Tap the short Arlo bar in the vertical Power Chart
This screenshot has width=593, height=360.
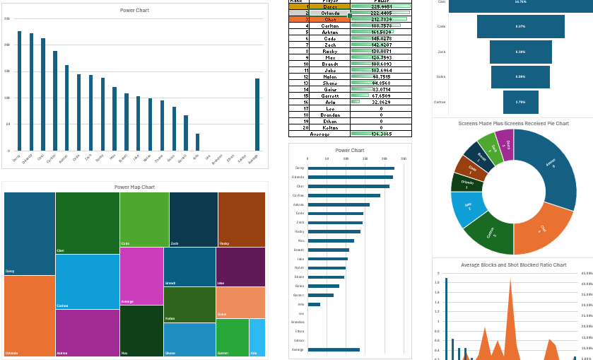click(197, 142)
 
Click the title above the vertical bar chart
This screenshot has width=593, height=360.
click(134, 11)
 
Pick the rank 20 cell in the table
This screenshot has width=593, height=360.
click(307, 127)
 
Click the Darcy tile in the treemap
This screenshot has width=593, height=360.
click(29, 233)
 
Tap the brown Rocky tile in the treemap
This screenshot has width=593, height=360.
click(241, 219)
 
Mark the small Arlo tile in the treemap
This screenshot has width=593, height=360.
click(257, 337)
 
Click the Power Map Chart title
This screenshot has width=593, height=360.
click(134, 187)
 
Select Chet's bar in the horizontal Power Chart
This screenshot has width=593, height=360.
click(349, 186)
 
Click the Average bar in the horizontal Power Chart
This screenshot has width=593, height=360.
click(334, 349)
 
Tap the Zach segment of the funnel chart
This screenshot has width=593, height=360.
click(520, 52)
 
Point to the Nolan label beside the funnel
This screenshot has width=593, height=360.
click(441, 76)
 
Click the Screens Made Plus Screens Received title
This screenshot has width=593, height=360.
click(513, 123)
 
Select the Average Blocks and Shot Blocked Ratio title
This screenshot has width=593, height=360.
click(513, 265)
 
